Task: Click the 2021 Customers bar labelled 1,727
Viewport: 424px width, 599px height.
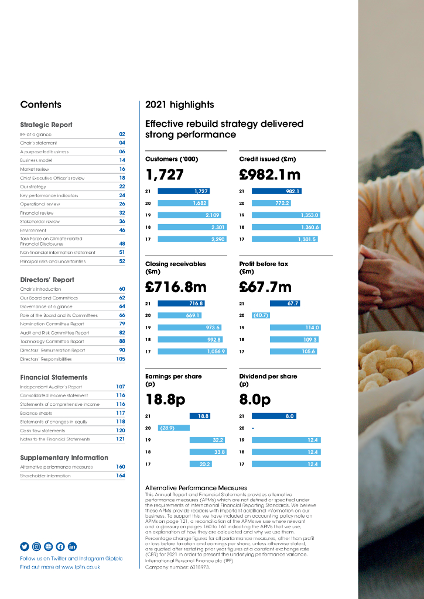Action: pyautogui.click(x=183, y=191)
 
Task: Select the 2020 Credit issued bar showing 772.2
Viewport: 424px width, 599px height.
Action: pyautogui.click(x=271, y=203)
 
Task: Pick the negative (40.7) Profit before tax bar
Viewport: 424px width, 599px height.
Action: pyautogui.click(x=261, y=315)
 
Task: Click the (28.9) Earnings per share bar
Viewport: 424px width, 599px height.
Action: pyautogui.click(x=174, y=428)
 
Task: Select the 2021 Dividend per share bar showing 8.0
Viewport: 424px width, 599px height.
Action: pyautogui.click(x=273, y=416)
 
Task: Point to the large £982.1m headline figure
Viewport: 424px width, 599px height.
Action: pyautogui.click(x=269, y=174)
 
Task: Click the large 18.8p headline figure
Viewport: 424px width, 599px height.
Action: pyautogui.click(x=166, y=400)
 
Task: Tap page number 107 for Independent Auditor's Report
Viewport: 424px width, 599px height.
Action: pyautogui.click(x=121, y=387)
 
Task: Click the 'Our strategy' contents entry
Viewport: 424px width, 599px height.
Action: pyautogui.click(x=29, y=187)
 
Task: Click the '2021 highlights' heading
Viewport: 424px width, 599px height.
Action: pyautogui.click(x=179, y=105)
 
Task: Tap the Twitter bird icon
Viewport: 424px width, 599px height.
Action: pyautogui.click(x=25, y=546)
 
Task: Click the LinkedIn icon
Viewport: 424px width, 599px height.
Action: pyautogui.click(x=72, y=546)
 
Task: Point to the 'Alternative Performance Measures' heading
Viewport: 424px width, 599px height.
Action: pyautogui.click(x=196, y=488)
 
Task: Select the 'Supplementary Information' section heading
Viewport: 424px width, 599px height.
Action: pyautogui.click(x=64, y=457)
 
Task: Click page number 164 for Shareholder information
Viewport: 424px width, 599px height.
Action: pyautogui.click(x=121, y=476)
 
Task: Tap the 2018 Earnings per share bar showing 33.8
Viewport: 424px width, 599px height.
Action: pyautogui.click(x=200, y=452)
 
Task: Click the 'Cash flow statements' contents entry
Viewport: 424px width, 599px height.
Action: pyautogui.click(x=43, y=431)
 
